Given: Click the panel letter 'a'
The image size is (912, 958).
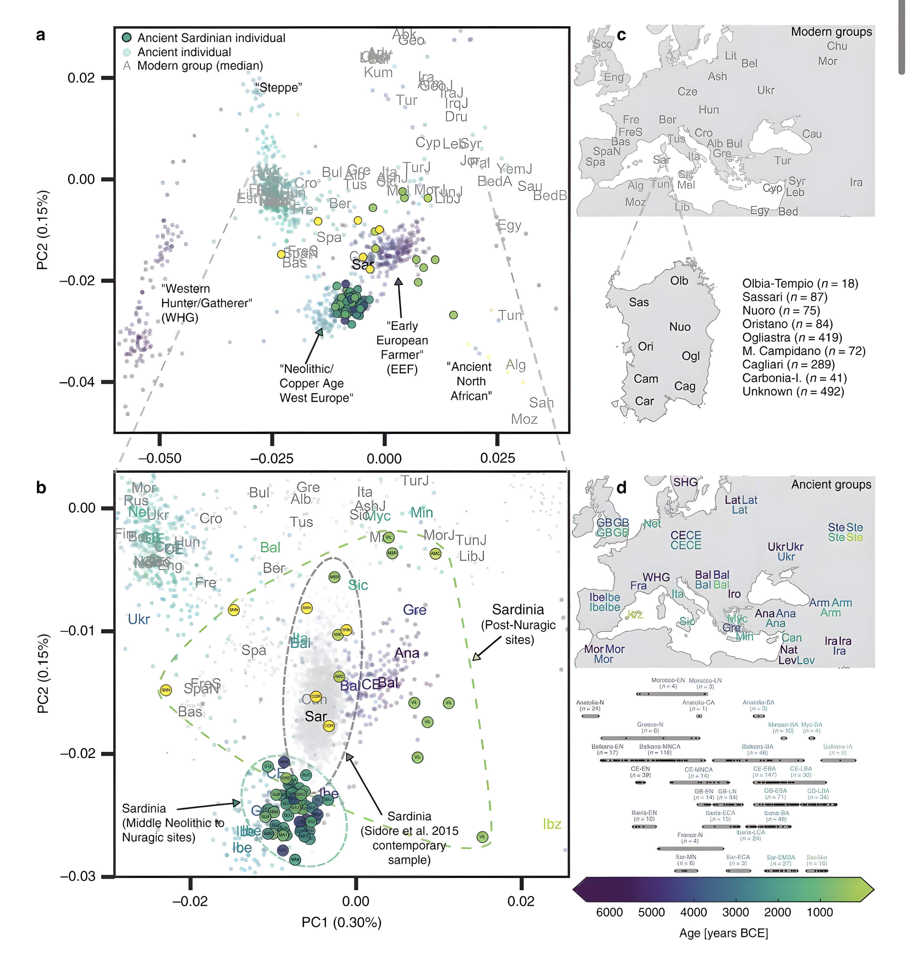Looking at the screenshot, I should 41,35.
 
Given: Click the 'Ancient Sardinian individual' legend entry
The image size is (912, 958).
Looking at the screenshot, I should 211,38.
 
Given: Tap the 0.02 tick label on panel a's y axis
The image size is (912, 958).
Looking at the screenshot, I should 81,78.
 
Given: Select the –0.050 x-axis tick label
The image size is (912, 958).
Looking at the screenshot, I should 160,458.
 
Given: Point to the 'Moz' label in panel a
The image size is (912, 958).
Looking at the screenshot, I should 524,419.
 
